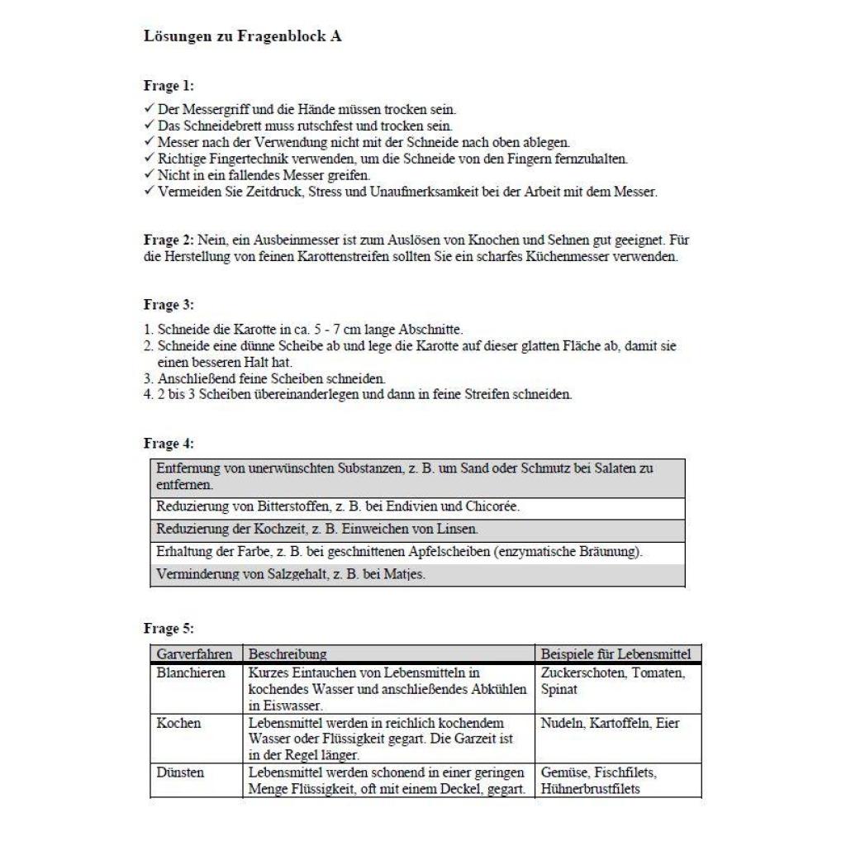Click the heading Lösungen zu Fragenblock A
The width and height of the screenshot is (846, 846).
(x=242, y=37)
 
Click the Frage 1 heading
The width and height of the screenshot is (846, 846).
(x=169, y=86)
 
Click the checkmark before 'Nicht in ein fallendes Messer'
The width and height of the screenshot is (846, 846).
(x=149, y=175)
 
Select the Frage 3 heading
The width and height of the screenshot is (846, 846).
(x=169, y=306)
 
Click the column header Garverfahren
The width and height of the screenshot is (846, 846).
(x=194, y=654)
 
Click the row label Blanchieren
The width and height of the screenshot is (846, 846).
(x=191, y=673)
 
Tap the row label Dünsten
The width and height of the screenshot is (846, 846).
(x=179, y=773)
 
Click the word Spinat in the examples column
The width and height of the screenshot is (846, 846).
(x=558, y=689)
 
